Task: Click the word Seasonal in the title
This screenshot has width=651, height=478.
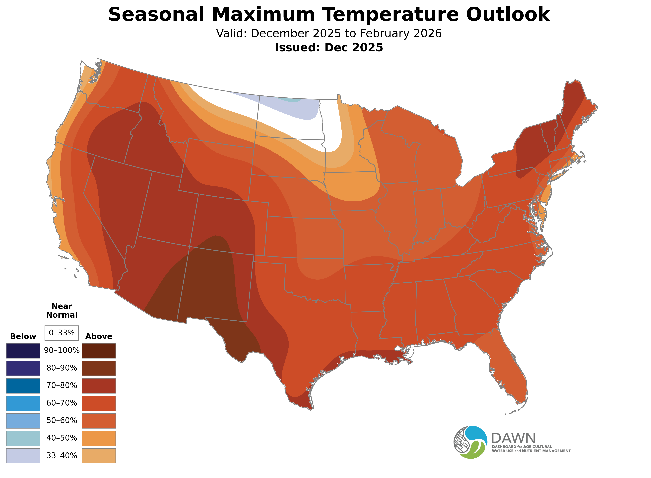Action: pyautogui.click(x=156, y=14)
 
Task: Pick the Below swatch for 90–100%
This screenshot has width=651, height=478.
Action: pyautogui.click(x=23, y=351)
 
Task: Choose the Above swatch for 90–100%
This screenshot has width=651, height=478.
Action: pyautogui.click(x=99, y=351)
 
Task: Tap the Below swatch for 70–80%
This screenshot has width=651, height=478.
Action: pyautogui.click(x=23, y=386)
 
